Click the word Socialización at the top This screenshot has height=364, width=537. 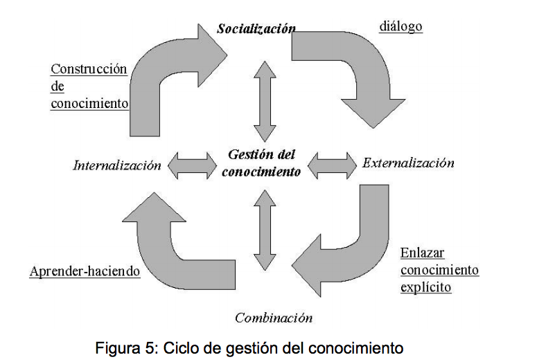256,29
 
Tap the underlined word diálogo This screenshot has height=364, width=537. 400,27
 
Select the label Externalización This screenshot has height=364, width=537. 408,163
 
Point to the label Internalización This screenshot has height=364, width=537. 116,165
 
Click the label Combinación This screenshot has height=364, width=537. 274,318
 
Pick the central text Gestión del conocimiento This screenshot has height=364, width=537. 261,163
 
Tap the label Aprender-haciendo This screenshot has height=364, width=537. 85,271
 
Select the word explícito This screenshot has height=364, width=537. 425,286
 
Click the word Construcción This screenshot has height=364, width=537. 89,69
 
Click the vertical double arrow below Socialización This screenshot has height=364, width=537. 264,100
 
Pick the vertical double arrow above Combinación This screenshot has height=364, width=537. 264,228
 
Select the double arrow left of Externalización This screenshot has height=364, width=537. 331,164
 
